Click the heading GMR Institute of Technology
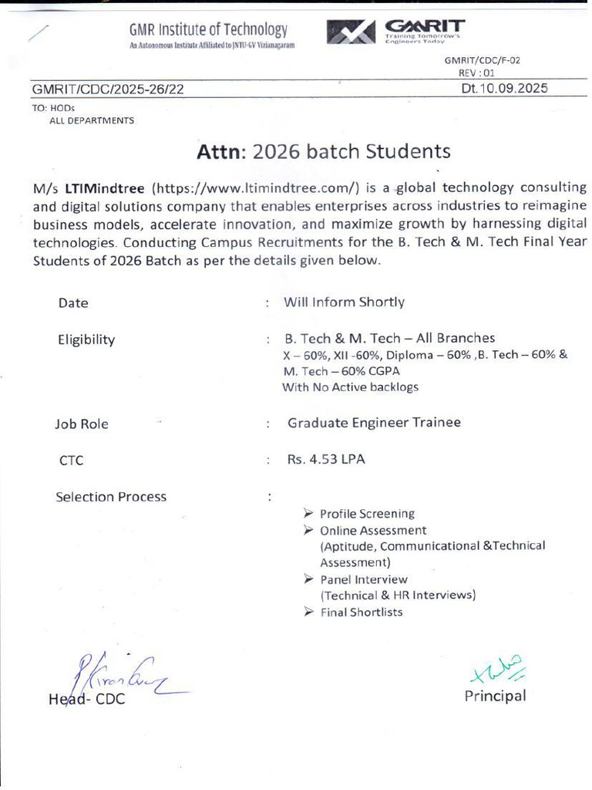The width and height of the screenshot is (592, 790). [x=208, y=30]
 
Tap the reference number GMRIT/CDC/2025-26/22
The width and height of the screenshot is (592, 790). [x=108, y=89]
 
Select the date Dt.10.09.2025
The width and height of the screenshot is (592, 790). [x=504, y=88]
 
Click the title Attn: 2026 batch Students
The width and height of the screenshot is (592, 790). [x=323, y=150]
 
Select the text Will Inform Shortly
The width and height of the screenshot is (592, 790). [x=344, y=302]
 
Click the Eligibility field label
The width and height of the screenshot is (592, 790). [x=86, y=339]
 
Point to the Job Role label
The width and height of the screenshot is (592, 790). [x=82, y=424]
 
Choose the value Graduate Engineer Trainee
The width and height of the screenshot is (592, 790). [x=374, y=422]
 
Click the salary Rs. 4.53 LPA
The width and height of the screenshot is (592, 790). [x=326, y=459]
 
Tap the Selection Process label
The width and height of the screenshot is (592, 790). [x=111, y=497]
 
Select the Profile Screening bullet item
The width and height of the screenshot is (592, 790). [x=367, y=514]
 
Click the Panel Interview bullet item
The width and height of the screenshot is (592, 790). [x=364, y=579]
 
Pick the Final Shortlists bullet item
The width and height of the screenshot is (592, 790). [x=361, y=613]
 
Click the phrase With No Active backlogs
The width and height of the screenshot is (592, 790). [x=350, y=387]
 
